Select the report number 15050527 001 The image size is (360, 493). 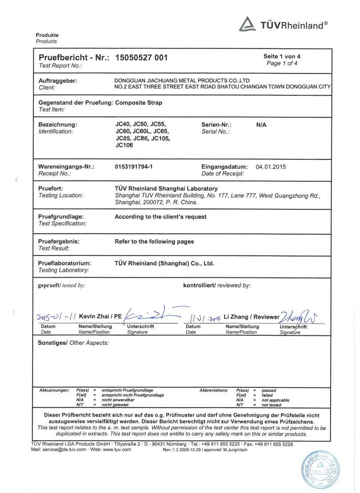tap(142, 57)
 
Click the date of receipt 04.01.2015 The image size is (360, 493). tap(271, 167)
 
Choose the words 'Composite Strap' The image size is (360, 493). tap(138, 103)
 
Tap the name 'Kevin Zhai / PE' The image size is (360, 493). tap(101, 316)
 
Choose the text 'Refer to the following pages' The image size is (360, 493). tap(154, 241)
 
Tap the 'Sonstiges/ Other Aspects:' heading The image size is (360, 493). tap(73, 343)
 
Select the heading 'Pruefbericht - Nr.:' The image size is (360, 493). tap(74, 57)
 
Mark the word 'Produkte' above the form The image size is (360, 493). tap(47, 35)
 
